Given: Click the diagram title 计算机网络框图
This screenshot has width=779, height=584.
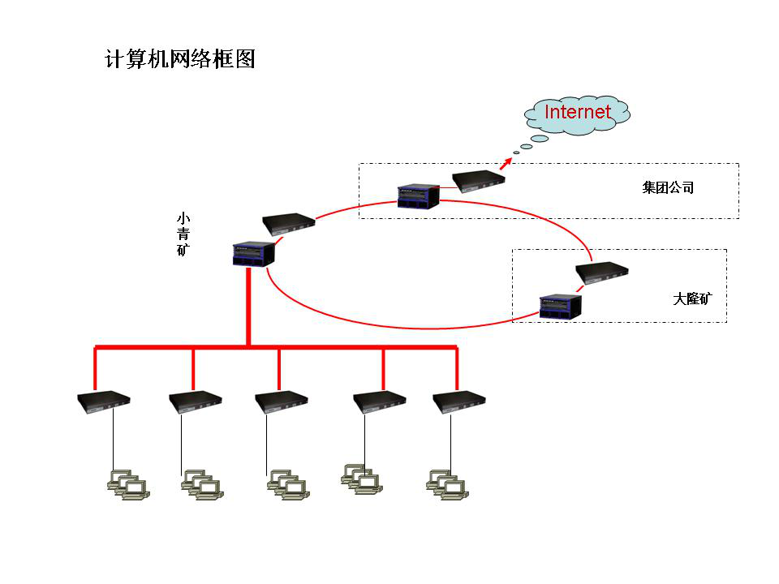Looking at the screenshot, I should [180, 59].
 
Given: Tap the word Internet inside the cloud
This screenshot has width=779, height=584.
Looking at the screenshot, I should [577, 112].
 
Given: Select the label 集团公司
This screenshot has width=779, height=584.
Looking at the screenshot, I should [668, 188].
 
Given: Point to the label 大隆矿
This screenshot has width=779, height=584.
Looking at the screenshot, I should [691, 298].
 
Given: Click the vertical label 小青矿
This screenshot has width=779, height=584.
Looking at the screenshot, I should [183, 234].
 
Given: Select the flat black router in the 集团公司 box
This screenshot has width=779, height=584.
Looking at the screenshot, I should [478, 181].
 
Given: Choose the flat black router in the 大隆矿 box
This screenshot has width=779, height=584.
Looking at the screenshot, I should [601, 273].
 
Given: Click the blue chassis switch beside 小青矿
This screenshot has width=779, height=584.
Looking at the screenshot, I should [253, 254].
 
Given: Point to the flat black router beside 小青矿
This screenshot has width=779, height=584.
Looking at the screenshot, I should [288, 223].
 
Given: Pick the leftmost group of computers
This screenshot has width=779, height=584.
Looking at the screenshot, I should [128, 484].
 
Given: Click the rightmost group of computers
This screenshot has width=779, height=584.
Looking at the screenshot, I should [447, 484].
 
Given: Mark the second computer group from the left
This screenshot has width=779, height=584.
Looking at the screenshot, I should [202, 484].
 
